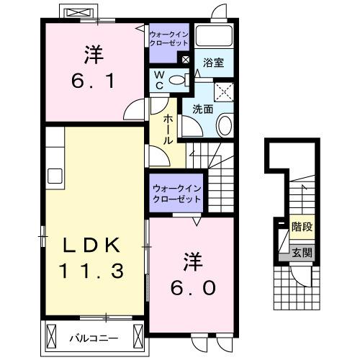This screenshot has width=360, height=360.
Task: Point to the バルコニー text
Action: point(93,337)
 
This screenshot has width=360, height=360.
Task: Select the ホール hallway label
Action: point(168,129)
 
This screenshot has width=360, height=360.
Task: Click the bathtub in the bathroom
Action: point(215,38)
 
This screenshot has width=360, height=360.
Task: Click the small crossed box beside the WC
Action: point(186,60)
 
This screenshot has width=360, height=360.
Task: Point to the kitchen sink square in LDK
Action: point(55,175)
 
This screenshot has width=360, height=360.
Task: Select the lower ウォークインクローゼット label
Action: point(175,194)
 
